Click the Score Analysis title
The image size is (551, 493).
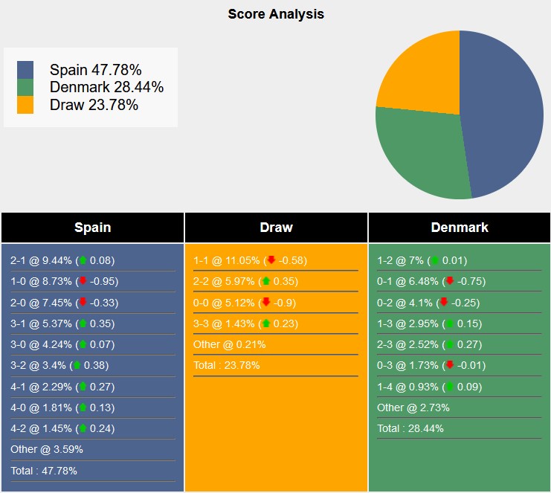tap(275, 14)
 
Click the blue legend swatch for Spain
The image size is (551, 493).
tap(25, 69)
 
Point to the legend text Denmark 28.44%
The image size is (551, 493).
tap(106, 87)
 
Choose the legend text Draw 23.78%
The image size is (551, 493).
tap(94, 105)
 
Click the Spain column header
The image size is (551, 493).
tap(92, 228)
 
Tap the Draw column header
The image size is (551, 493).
tap(276, 228)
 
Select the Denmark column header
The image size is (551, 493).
tap(460, 228)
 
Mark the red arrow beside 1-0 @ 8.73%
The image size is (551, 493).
tap(83, 281)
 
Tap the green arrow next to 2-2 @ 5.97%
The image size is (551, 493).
tap(266, 281)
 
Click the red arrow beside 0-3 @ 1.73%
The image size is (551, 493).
tap(449, 365)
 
